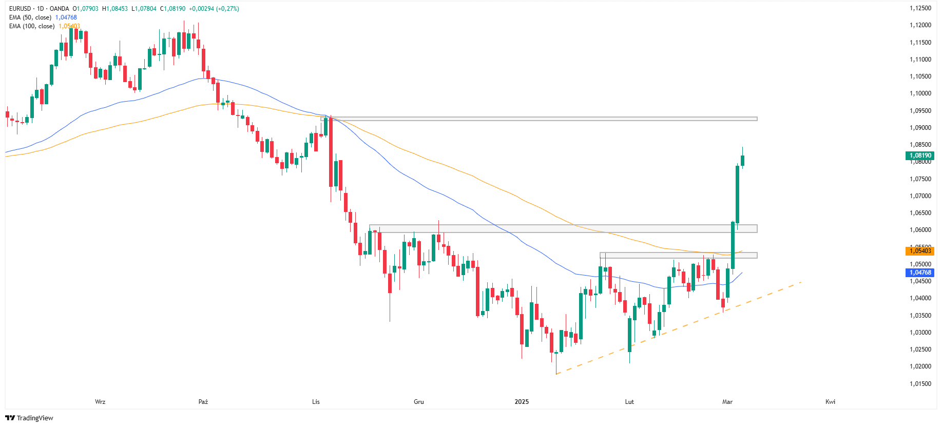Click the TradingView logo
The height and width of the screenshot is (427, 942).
click(29, 418)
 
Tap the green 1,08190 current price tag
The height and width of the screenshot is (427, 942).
click(920, 156)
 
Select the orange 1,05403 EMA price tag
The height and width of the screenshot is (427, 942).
click(920, 250)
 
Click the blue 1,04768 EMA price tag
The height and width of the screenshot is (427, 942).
click(920, 273)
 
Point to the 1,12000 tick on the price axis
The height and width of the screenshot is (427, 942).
click(920, 25)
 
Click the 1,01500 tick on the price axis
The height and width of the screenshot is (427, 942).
click(920, 384)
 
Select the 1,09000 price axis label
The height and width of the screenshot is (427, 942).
click(920, 128)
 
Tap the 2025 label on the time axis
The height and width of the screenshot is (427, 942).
click(522, 402)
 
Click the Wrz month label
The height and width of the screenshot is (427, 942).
click(100, 402)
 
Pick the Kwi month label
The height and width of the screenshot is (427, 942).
click(830, 402)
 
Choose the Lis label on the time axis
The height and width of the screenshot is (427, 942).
click(316, 402)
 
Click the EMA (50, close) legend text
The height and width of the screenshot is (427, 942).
click(30, 17)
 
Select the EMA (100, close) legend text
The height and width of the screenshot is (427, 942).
click(32, 26)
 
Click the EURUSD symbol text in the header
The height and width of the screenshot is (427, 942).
click(20, 9)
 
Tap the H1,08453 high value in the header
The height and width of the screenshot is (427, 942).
click(115, 9)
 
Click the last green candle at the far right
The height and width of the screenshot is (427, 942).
click(742, 160)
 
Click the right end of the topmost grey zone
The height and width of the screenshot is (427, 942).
click(756, 119)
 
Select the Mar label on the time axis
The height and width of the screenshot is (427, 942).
click(727, 402)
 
